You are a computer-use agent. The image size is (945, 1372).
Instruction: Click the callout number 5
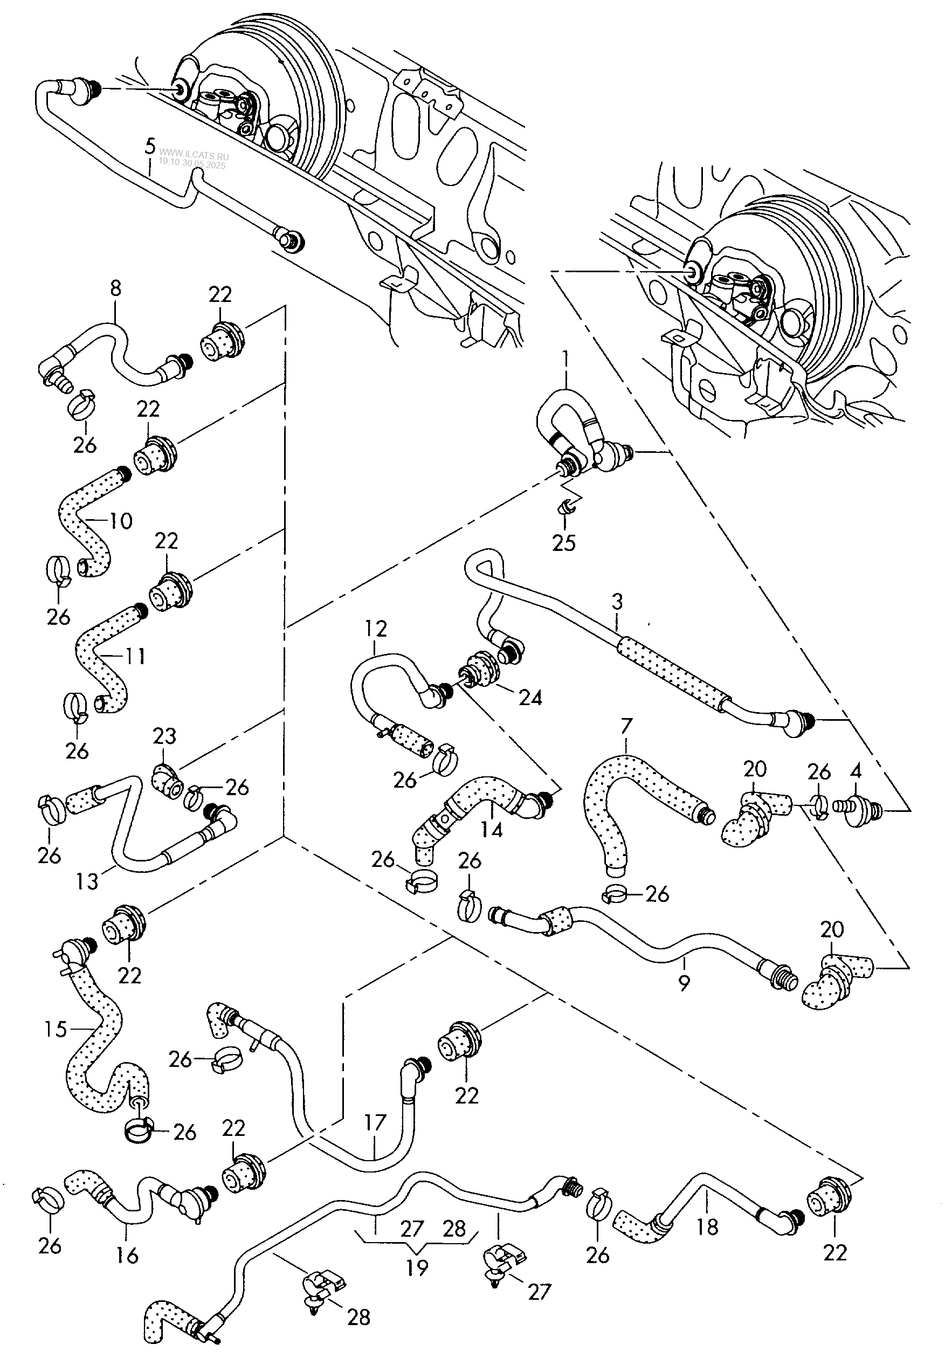click(x=150, y=146)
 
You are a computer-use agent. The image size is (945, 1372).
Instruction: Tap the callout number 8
click(x=115, y=289)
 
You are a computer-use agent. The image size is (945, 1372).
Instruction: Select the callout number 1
click(x=565, y=359)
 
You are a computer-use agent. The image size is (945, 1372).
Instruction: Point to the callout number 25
click(x=564, y=542)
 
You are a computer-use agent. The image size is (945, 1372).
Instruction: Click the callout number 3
click(x=618, y=602)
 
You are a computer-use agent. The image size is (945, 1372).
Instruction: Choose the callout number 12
click(x=375, y=629)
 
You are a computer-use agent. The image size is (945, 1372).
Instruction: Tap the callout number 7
click(x=627, y=726)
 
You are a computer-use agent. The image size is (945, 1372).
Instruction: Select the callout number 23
click(x=164, y=736)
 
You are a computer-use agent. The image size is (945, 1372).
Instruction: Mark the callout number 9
click(x=684, y=983)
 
